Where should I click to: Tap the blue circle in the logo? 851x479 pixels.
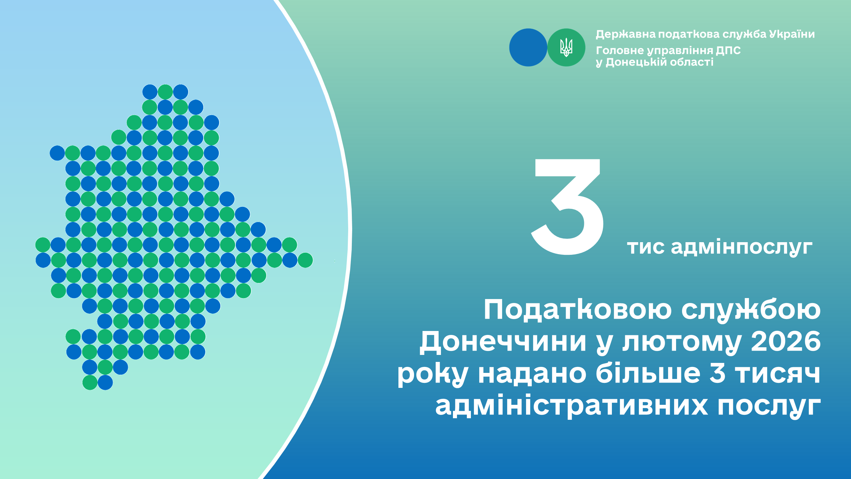(x=528, y=47)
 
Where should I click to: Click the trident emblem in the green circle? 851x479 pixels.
(x=566, y=47)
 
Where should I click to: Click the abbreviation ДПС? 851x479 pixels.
(x=728, y=50)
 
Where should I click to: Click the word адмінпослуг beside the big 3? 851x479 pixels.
(x=742, y=248)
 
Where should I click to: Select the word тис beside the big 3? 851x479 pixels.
(x=646, y=248)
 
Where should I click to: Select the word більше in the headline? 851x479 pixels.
(x=648, y=373)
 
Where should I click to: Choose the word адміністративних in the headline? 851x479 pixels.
(x=572, y=405)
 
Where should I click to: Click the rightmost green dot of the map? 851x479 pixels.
(x=305, y=260)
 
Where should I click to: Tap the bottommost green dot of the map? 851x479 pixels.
(x=90, y=383)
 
